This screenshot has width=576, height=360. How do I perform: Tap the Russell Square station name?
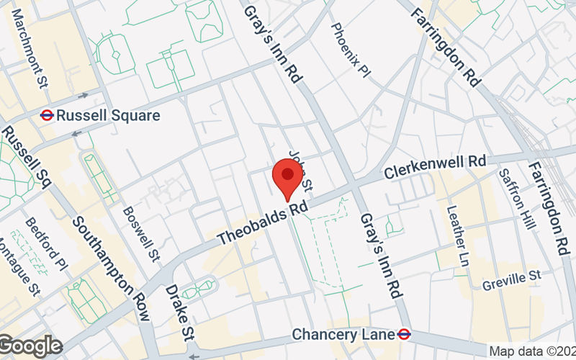108,115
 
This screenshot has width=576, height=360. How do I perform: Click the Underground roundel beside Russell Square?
47,114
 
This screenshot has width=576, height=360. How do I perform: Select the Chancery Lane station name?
343,335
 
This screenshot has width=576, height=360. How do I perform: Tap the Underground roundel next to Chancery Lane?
405,335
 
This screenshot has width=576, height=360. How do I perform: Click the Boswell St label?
141,233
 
